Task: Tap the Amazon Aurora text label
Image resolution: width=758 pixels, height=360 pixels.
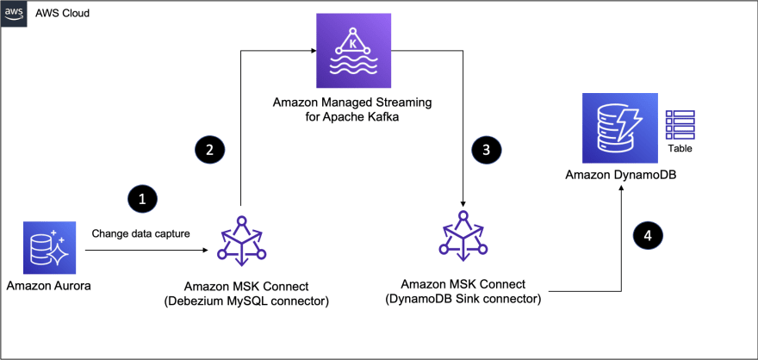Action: click(47, 285)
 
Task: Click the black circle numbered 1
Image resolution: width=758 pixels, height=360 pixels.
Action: click(142, 197)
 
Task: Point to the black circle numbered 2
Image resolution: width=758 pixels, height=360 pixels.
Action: click(210, 148)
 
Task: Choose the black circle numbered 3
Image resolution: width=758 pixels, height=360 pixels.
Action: click(487, 148)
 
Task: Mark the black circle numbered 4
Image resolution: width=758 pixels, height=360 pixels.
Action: click(649, 234)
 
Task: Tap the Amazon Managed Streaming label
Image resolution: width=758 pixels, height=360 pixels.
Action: click(352, 109)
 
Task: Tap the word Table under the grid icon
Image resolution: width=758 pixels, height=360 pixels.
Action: click(680, 148)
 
